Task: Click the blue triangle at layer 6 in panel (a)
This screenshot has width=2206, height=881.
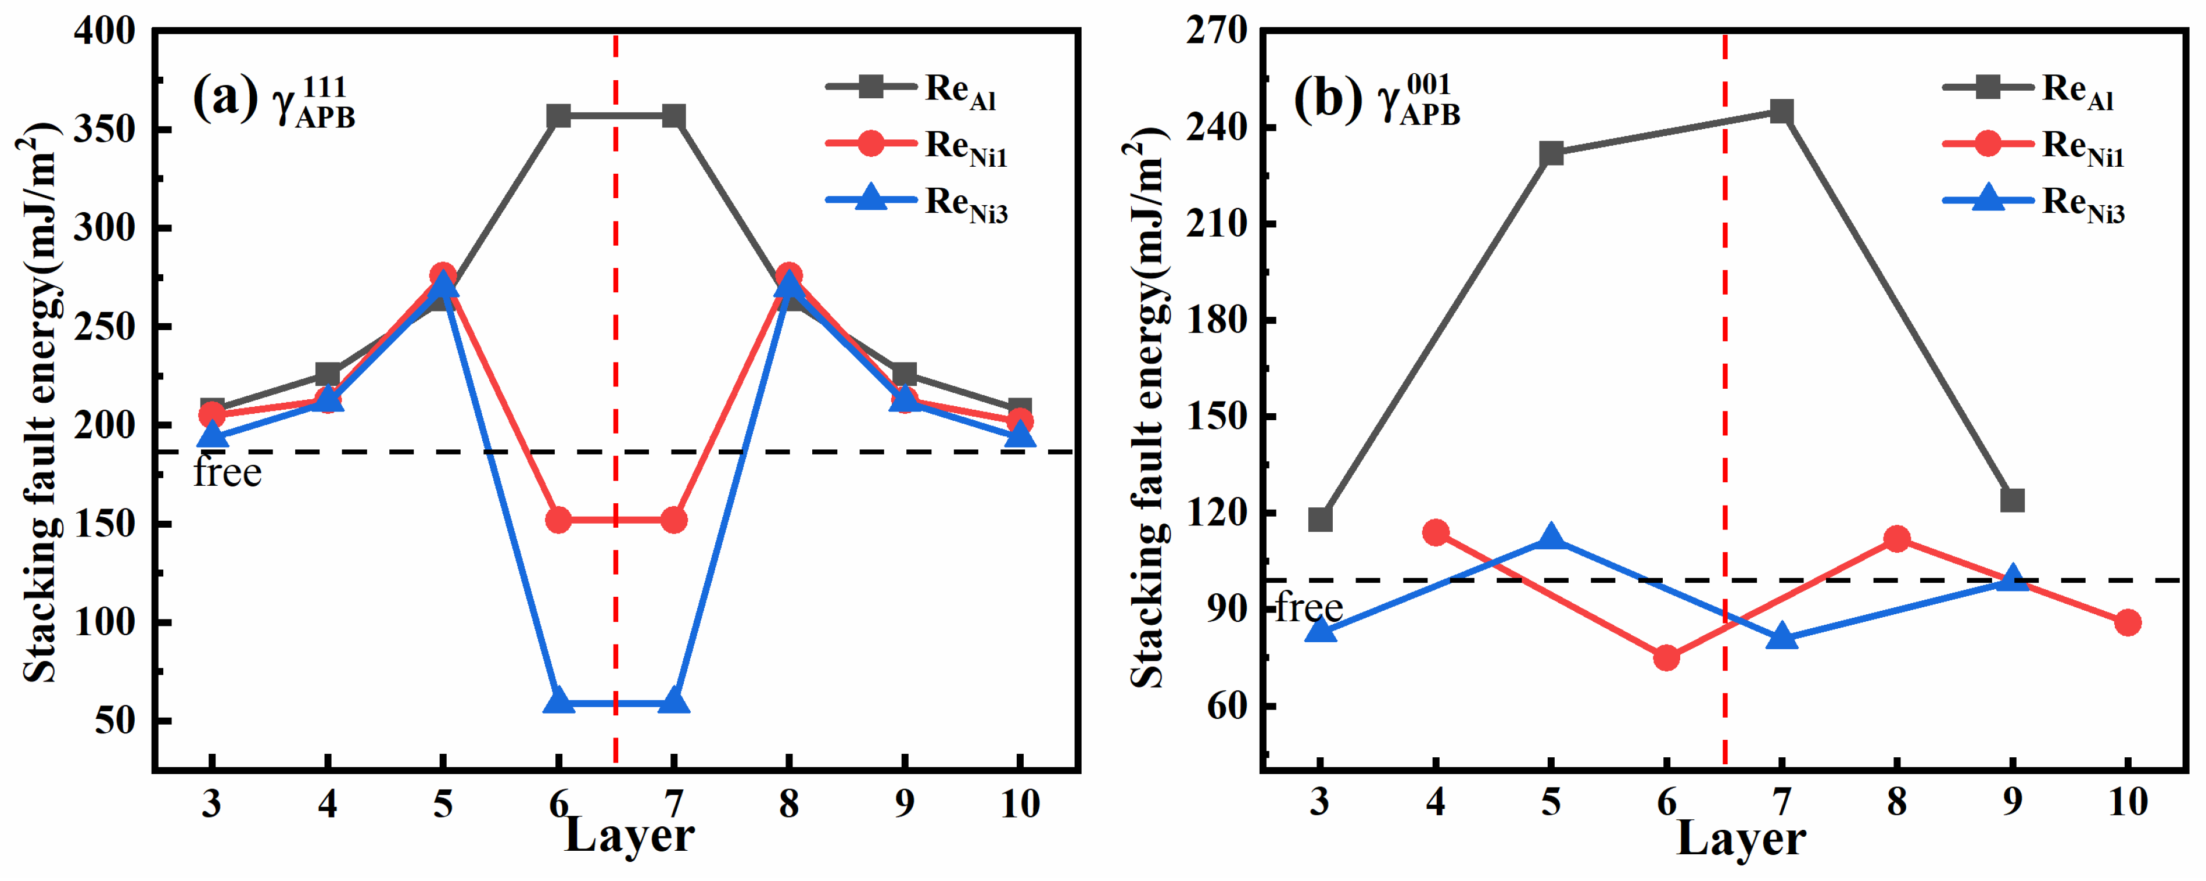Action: coord(558,701)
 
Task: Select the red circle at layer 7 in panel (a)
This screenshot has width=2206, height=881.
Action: coord(674,520)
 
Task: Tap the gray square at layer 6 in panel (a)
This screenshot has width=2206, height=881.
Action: coord(558,116)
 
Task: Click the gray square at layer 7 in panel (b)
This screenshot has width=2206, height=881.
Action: coord(1782,112)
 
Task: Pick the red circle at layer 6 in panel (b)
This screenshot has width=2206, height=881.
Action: coord(1666,657)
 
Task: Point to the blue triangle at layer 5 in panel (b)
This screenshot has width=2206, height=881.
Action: coord(1551,538)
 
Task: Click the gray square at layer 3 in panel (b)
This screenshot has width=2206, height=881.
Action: coord(1321,520)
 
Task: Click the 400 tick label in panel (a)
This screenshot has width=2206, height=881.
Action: coord(105,32)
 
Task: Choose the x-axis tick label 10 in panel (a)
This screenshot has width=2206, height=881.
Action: coord(1019,804)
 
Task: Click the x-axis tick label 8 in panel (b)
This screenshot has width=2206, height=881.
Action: coord(1897,802)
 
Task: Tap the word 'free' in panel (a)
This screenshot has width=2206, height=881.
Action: coord(227,472)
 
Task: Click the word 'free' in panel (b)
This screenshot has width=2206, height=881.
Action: coord(1308,607)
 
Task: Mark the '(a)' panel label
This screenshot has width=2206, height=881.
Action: coord(224,98)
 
